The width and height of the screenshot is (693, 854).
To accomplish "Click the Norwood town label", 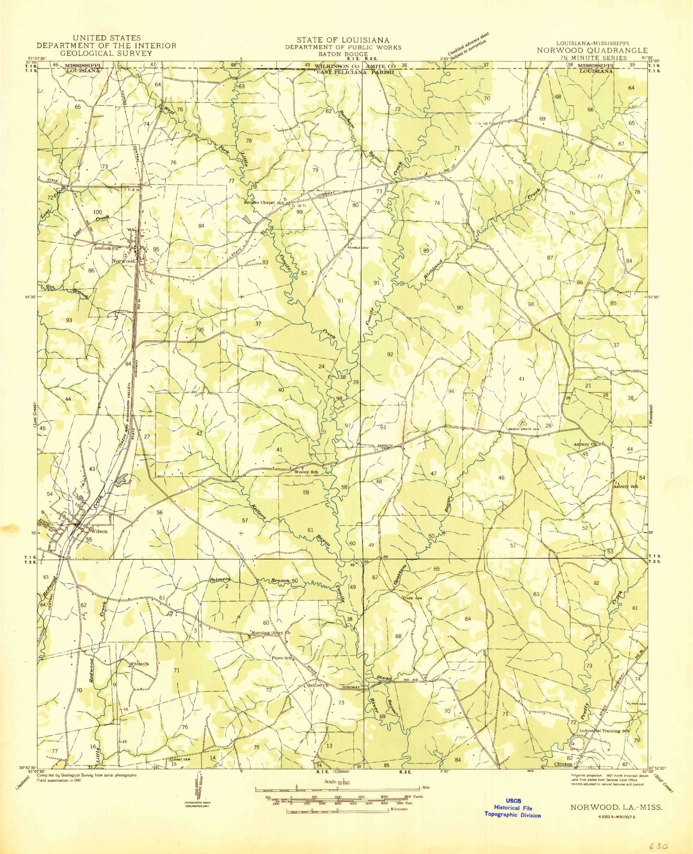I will [x=123, y=262].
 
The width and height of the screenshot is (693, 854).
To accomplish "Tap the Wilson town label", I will [x=99, y=531].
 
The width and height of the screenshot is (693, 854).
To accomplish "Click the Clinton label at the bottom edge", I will [x=563, y=764].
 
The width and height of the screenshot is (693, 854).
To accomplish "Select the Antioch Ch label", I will [x=107, y=249].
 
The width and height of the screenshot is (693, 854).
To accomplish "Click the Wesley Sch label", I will [x=306, y=472].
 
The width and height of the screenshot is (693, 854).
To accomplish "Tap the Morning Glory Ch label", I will [x=271, y=633].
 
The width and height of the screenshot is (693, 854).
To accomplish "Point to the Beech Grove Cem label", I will [x=524, y=430].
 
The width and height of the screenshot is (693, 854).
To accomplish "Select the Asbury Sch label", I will [x=625, y=486].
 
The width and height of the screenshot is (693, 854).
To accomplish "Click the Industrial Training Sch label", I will [x=604, y=731].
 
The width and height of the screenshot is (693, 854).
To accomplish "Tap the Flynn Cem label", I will [x=636, y=704].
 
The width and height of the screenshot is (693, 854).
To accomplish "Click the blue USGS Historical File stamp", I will [x=513, y=808].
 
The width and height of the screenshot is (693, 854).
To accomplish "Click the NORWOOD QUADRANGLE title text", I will [x=592, y=50].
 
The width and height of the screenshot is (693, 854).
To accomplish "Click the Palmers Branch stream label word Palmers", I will [x=219, y=580].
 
